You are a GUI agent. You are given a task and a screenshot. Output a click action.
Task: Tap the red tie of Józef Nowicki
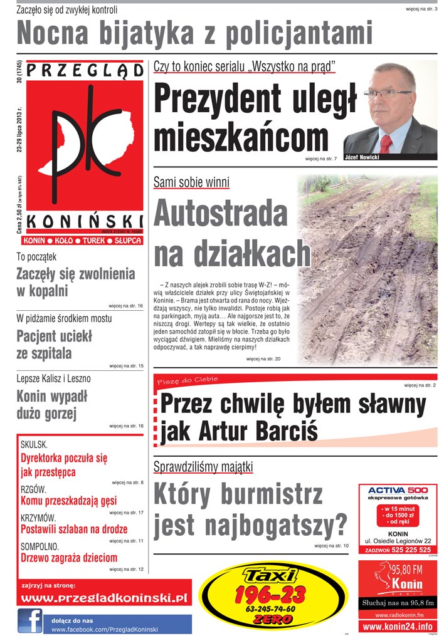(x=386, y=143)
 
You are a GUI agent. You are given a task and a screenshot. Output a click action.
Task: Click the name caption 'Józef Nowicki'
(x=362, y=157)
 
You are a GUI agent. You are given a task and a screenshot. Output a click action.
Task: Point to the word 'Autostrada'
(x=220, y=214)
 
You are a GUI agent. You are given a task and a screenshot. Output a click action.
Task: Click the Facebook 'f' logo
(x=30, y=620)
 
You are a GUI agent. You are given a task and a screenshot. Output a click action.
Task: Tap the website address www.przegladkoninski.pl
(x=105, y=598)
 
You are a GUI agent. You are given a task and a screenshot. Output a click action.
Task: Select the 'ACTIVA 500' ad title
(x=398, y=489)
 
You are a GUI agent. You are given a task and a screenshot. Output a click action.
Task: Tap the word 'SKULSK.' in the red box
(x=34, y=445)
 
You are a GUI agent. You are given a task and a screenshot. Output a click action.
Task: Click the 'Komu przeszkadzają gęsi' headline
(x=68, y=501)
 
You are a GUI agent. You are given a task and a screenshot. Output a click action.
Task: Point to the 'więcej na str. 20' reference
(x=263, y=359)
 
